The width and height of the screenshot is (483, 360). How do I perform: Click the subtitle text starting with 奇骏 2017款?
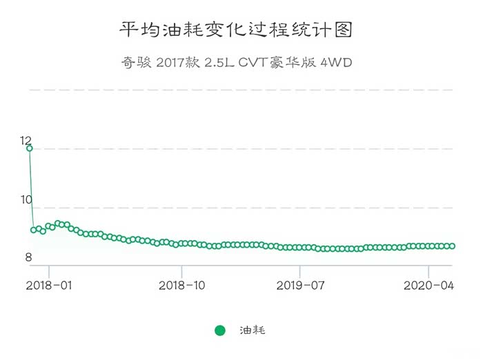[236, 63]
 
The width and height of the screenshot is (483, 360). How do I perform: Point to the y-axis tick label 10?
[27, 199]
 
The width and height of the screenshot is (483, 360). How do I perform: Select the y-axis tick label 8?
[28, 258]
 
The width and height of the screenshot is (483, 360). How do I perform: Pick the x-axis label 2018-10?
[182, 285]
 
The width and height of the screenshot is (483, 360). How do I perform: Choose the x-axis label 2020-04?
[428, 285]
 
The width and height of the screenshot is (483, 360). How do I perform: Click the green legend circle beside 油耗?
[220, 330]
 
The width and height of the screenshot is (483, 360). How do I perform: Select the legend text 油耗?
[252, 330]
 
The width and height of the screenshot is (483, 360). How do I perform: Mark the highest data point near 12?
[30, 148]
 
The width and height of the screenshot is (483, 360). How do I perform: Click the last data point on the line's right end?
[452, 246]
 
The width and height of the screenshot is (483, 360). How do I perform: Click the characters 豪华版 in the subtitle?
[295, 63]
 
